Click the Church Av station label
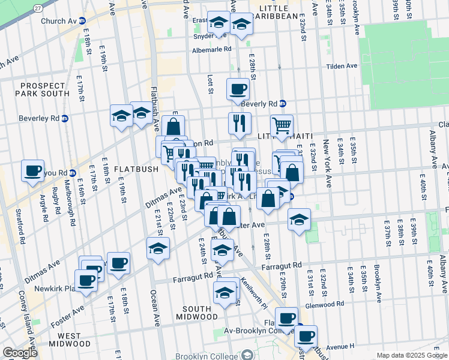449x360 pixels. (x=59, y=21)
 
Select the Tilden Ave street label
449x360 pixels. (x=342, y=66)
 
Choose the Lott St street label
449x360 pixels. (x=210, y=84)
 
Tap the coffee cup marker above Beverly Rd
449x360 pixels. (x=238, y=89)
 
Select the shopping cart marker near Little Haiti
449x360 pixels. (x=282, y=125)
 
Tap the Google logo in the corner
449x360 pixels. (x=20, y=353)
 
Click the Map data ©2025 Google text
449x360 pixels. (x=412, y=355)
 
